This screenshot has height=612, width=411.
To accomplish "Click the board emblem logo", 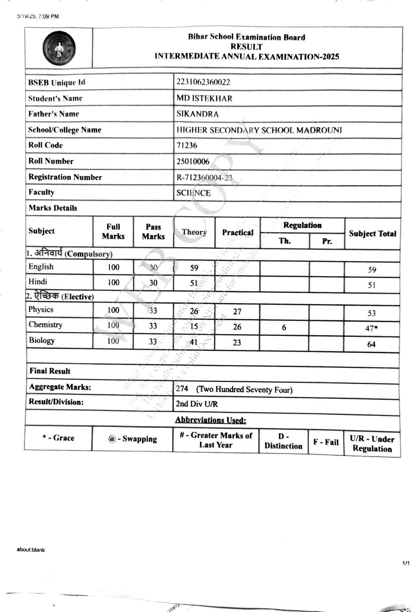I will point(59,48).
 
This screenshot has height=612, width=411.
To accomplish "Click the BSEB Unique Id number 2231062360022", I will point(203,82).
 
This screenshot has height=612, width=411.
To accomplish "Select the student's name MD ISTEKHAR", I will point(204,98).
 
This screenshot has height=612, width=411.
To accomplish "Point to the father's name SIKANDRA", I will point(197,114).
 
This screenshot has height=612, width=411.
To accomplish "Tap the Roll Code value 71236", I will point(187,145).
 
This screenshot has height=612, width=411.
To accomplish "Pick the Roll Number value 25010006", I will point(193,162).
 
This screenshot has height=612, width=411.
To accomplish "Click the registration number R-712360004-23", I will point(204,177).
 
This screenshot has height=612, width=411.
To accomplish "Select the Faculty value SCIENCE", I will point(194,193).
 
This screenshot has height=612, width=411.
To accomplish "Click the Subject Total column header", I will point(372,234).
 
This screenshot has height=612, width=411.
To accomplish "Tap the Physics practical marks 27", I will point(237,311).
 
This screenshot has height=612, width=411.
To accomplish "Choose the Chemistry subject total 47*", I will point(372,329).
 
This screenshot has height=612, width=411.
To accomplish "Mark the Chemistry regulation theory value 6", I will point(284,327).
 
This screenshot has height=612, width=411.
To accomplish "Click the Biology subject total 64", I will point(371,344).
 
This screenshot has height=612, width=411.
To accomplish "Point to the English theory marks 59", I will point(194,268).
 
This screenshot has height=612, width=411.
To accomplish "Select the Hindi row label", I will point(38,282).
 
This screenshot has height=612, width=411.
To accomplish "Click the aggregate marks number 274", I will point(182,388).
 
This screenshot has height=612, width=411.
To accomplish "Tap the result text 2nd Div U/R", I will point(197,404).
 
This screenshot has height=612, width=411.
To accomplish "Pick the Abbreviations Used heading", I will point(211,420).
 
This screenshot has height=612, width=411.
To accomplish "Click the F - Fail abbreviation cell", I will point(326,442).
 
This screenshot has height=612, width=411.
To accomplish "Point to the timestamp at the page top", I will point(38,16).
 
